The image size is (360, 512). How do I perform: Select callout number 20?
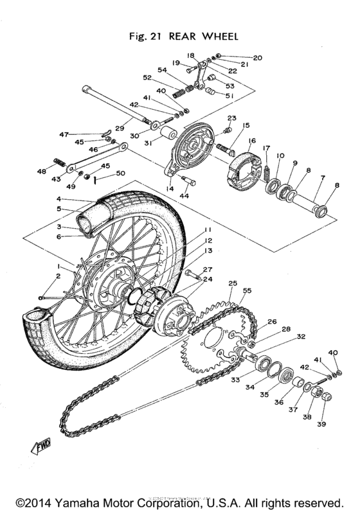(258, 57)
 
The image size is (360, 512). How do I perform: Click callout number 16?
(251, 141)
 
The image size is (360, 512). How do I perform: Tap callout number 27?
(208, 270)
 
